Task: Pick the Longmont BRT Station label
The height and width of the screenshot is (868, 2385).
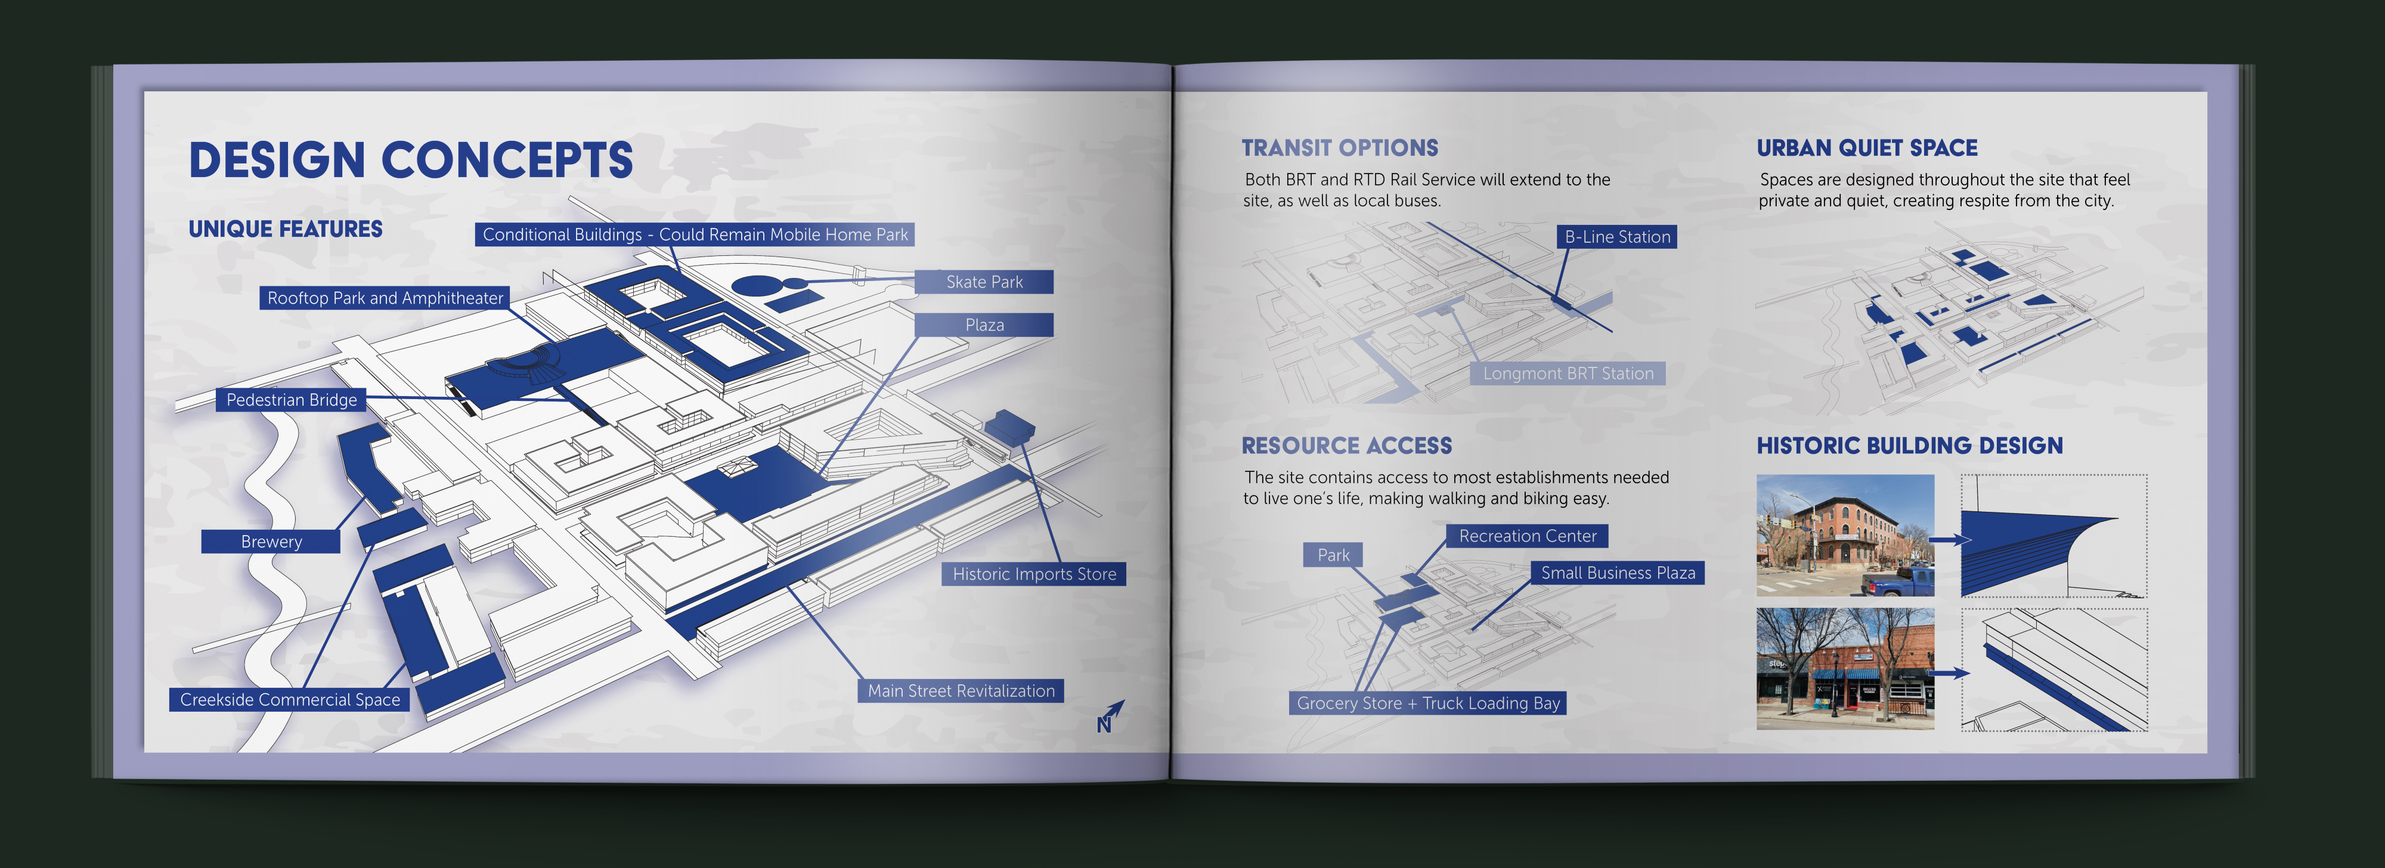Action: [x=1568, y=374]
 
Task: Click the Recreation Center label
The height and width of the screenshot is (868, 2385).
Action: [x=1527, y=536]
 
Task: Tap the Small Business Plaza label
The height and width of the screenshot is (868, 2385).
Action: [x=1618, y=573]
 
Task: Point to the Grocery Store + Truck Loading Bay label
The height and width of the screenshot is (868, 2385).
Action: [x=1427, y=704]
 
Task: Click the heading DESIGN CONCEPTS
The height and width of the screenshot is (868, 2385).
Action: [x=410, y=160]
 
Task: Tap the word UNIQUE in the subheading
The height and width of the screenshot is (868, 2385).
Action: [x=230, y=230]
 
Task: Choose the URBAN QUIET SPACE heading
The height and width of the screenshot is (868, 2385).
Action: [x=1866, y=148]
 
